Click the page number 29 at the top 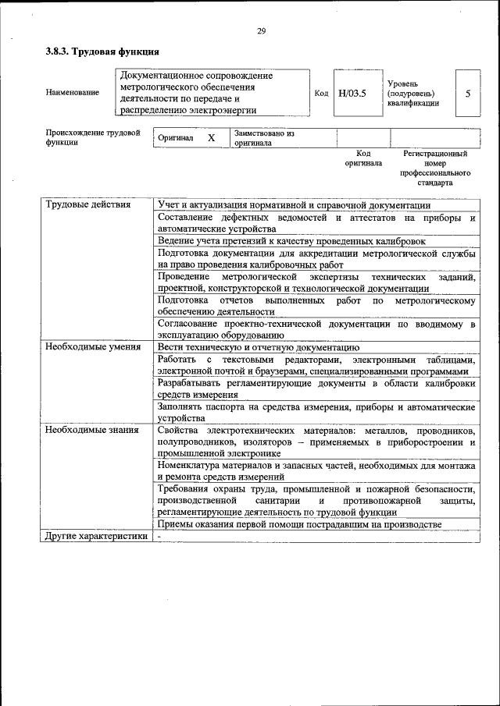(x=261, y=31)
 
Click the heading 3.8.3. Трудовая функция (x=102, y=52)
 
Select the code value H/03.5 (x=352, y=94)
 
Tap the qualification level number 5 (x=467, y=94)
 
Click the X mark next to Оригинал (x=211, y=137)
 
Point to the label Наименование (x=73, y=94)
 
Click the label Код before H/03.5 (x=320, y=94)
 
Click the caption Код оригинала (x=363, y=159)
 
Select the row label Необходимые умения (x=92, y=347)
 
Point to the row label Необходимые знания (x=91, y=430)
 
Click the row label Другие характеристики (x=95, y=537)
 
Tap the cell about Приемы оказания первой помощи (x=299, y=524)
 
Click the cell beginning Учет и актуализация (x=299, y=204)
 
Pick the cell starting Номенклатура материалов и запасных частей (x=316, y=470)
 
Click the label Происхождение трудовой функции (x=92, y=137)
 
